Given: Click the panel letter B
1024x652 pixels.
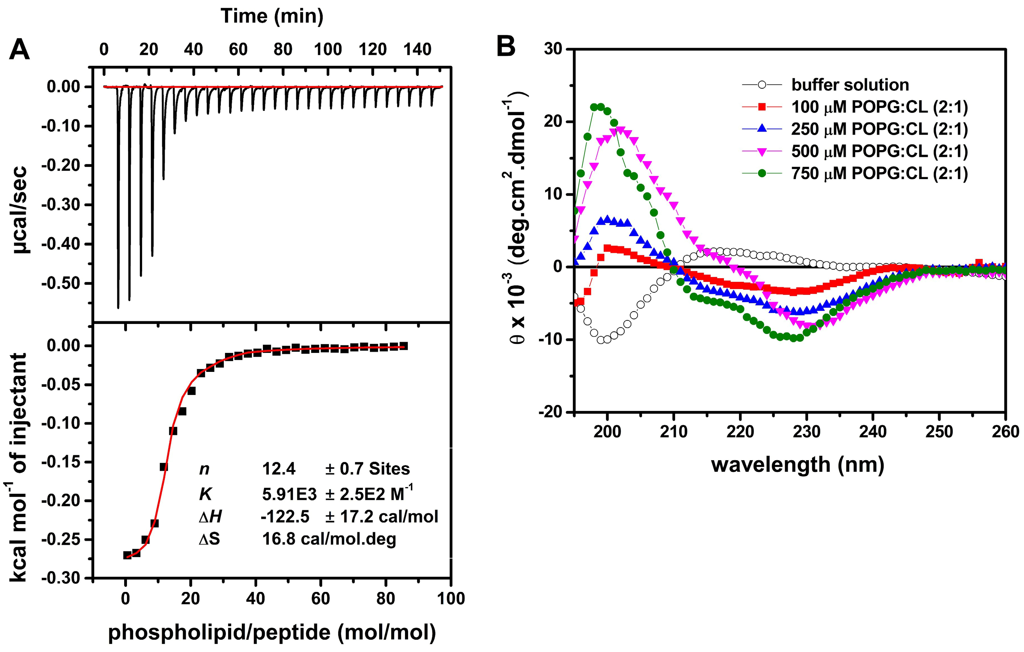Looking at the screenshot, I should (506, 47).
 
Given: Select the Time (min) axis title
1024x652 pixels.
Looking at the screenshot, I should (272, 16).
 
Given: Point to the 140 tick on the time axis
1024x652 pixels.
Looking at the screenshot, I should (417, 50).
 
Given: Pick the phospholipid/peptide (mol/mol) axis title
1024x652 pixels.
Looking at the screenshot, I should (272, 632).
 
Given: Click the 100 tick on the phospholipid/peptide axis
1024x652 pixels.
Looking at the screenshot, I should (451, 599).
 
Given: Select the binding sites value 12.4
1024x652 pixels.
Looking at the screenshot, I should (278, 469).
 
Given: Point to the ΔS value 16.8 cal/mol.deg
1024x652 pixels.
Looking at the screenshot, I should (329, 539).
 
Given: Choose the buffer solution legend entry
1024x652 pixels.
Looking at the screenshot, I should (850, 85).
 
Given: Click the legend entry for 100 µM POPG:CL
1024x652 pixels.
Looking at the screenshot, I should (879, 107).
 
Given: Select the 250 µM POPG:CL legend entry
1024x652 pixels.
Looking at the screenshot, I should (879, 129).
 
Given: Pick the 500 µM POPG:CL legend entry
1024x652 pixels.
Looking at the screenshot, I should (879, 151).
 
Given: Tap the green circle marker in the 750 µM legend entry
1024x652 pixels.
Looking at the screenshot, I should (762, 174).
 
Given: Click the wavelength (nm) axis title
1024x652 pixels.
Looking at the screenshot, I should (797, 464).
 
